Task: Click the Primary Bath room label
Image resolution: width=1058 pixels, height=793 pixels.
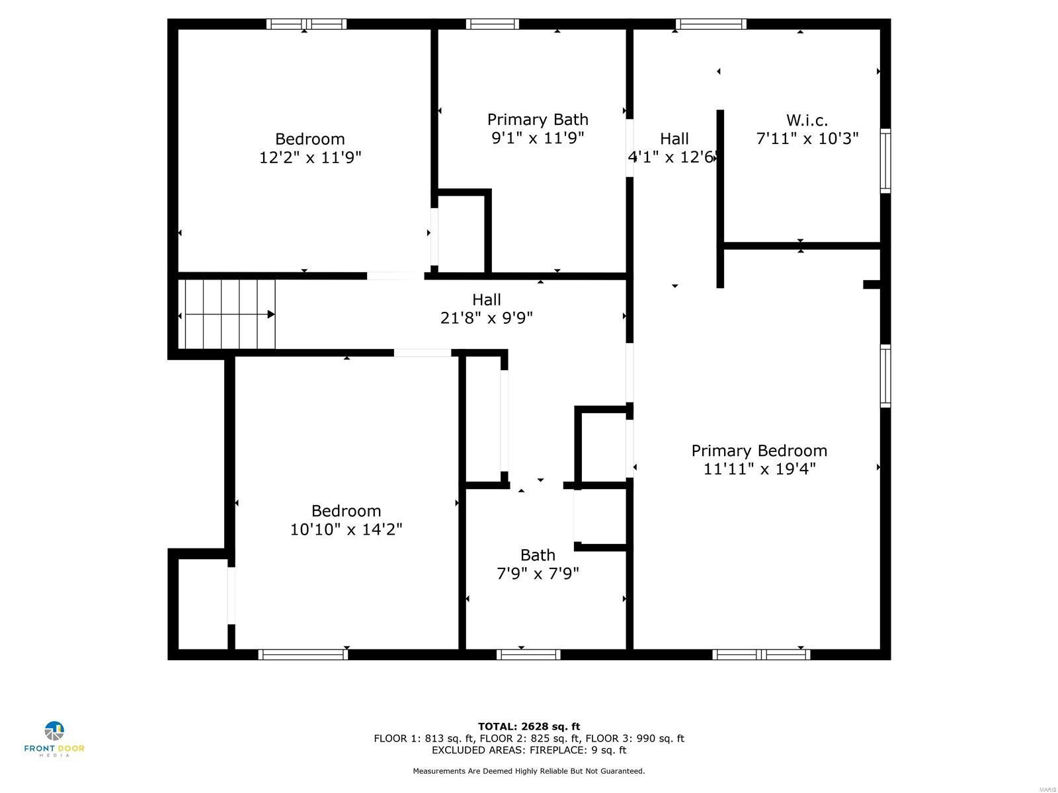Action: click(538, 120)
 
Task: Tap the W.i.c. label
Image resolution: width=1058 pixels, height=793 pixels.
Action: click(807, 120)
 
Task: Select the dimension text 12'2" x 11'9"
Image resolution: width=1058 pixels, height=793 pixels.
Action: click(310, 157)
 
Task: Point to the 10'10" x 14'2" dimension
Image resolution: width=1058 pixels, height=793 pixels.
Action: click(346, 529)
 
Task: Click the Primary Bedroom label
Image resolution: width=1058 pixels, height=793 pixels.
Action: click(759, 451)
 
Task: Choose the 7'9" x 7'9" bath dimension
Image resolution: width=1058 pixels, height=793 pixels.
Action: click(538, 573)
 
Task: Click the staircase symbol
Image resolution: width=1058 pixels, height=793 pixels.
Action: click(228, 314)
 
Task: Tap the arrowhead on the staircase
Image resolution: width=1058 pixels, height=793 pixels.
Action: click(271, 315)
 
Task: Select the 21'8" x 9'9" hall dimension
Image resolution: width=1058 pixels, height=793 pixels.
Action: click(486, 318)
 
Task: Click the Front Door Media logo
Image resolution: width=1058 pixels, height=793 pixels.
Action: click(54, 738)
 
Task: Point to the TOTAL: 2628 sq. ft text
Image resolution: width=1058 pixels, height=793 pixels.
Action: click(529, 726)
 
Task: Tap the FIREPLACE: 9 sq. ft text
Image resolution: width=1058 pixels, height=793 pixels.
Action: click(575, 750)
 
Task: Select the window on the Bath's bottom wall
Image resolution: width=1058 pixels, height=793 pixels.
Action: click(528, 654)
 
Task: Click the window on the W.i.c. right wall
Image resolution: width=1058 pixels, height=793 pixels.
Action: click(885, 161)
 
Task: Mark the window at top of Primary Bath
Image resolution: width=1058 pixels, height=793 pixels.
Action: click(492, 24)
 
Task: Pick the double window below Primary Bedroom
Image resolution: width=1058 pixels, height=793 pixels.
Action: click(761, 654)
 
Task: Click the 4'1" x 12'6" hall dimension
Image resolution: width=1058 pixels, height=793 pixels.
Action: click(672, 157)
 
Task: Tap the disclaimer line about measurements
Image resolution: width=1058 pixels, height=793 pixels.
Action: click(529, 771)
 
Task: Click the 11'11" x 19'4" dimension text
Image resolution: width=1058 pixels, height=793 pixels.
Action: click(759, 469)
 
